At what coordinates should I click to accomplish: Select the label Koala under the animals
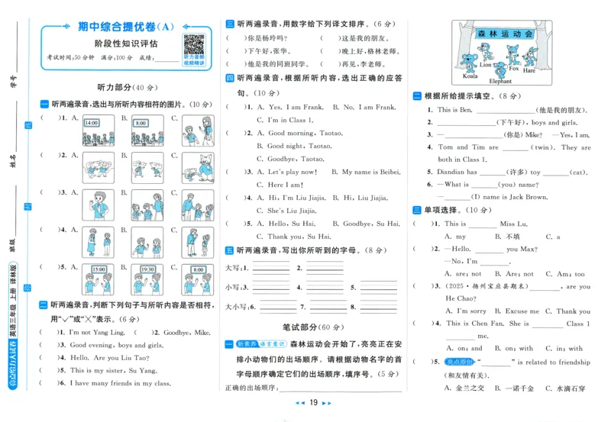pyautogui.click(x=470, y=76)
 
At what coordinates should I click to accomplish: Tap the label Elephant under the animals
pyautogui.click(x=500, y=81)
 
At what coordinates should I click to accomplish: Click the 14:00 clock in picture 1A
pyautogui.click(x=92, y=122)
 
